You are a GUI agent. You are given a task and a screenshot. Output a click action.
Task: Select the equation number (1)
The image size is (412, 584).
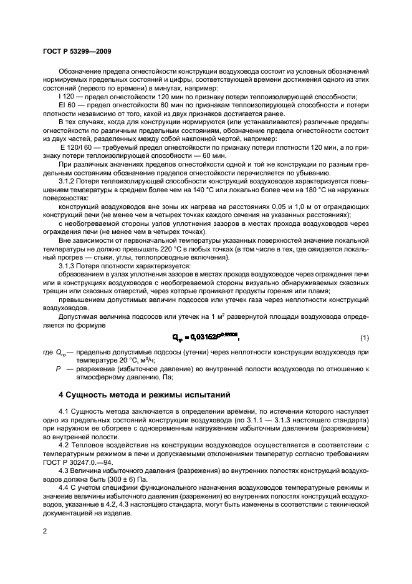365,338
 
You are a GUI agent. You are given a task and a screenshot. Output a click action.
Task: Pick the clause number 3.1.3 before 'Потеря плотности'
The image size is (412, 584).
67,266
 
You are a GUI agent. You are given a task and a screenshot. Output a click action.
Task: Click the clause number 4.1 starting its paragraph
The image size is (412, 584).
64,412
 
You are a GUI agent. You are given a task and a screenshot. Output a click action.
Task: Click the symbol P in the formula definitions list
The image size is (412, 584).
58,369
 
